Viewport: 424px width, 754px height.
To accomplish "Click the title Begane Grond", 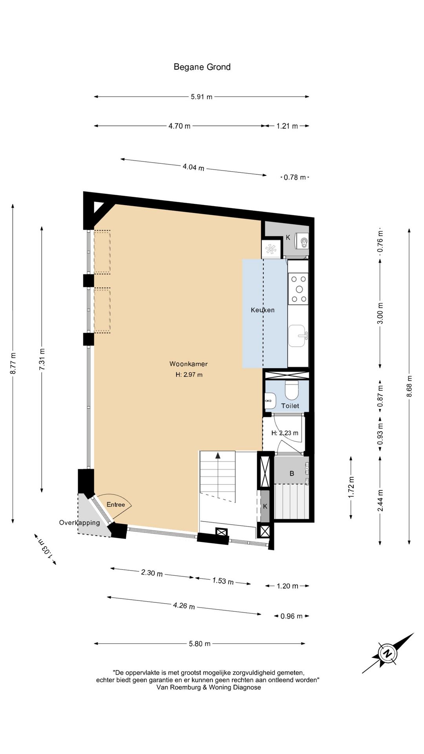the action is (x=202, y=67).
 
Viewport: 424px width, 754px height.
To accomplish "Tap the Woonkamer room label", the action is (x=188, y=364).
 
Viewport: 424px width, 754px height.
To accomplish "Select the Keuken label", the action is (x=263, y=310).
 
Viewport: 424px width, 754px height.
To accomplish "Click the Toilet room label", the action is (x=290, y=406).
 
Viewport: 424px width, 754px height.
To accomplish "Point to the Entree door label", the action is (x=116, y=505).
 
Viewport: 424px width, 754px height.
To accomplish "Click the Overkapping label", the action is (x=80, y=523).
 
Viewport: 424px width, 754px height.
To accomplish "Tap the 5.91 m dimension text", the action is (x=201, y=97).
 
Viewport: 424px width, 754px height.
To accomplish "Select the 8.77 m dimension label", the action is (x=13, y=364).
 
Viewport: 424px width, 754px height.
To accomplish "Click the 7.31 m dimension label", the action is (x=42, y=359).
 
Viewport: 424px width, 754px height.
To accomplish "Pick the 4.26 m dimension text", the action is (x=184, y=606).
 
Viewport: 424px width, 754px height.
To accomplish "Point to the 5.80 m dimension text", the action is (x=200, y=644).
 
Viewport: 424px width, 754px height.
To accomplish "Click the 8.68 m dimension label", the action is (x=409, y=386).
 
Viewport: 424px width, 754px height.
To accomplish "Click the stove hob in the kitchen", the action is (x=298, y=289).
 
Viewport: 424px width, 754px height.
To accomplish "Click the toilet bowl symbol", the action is (x=292, y=390).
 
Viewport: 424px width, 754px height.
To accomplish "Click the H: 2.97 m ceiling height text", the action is (x=189, y=375).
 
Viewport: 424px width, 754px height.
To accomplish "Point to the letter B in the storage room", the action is (x=292, y=474).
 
